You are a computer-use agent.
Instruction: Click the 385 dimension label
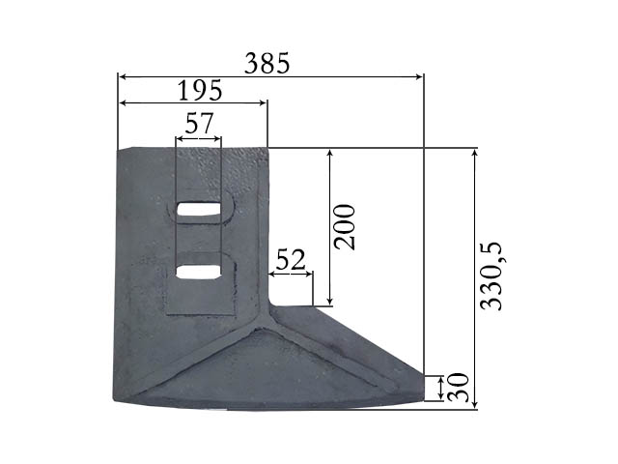[x=267, y=64]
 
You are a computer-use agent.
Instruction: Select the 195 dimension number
[x=200, y=90]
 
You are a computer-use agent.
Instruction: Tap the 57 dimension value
[x=200, y=123]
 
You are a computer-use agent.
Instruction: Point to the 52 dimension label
[x=291, y=259]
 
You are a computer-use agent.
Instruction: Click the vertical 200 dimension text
[x=344, y=227]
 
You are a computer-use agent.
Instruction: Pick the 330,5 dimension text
[x=492, y=275]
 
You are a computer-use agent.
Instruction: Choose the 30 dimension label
[x=459, y=388]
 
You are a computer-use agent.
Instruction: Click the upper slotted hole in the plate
[x=198, y=209]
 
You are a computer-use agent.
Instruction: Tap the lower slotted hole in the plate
[x=198, y=272]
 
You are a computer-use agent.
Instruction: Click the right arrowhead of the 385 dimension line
[x=419, y=76]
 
